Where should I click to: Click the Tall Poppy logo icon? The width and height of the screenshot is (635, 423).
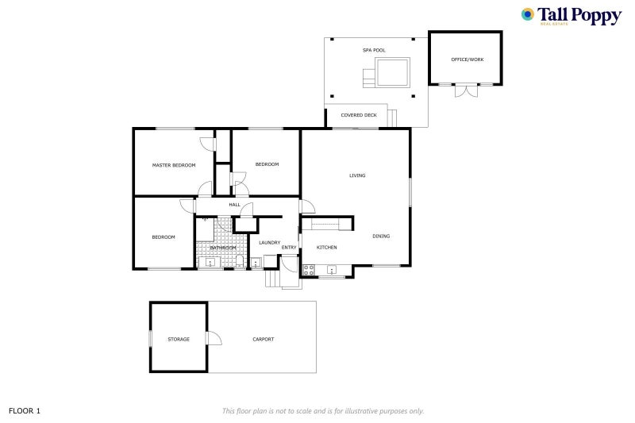pyautogui.click(x=528, y=14)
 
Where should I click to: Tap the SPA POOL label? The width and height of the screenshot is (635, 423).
pyautogui.click(x=374, y=51)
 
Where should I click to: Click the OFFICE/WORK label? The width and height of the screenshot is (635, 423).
pyautogui.click(x=465, y=60)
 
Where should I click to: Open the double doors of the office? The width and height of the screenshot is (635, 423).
pyautogui.click(x=466, y=90)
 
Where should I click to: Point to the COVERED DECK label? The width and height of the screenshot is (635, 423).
pyautogui.click(x=359, y=115)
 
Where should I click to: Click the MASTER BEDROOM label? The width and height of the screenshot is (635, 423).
pyautogui.click(x=173, y=165)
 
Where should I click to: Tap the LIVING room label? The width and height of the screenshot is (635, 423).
pyautogui.click(x=357, y=175)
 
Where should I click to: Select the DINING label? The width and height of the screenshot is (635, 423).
pyautogui.click(x=381, y=236)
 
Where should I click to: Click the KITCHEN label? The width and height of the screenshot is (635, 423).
pyautogui.click(x=326, y=248)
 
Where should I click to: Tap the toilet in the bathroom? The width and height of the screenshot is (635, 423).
pyautogui.click(x=239, y=262)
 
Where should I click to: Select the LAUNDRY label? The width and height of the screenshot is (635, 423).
pyautogui.click(x=269, y=243)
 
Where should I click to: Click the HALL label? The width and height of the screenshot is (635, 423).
pyautogui.click(x=234, y=206)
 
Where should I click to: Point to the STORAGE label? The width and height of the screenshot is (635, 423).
pyautogui.click(x=179, y=339)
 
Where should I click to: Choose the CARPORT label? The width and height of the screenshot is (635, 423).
pyautogui.click(x=264, y=339)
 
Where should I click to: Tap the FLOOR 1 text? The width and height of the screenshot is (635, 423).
pyautogui.click(x=24, y=411)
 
